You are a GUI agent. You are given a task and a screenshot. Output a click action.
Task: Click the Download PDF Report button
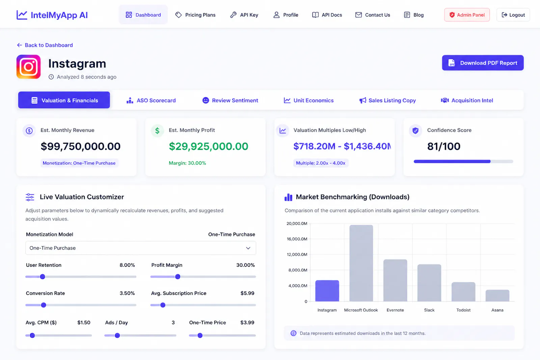[483, 63]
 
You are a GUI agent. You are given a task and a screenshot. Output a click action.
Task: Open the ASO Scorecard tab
[151, 100]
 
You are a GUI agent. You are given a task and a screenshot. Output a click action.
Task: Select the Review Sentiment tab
[230, 100]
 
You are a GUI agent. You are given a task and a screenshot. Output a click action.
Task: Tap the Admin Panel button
[467, 15]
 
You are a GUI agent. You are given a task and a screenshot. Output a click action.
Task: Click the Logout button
[513, 15]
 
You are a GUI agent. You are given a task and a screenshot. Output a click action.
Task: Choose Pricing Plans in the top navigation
[195, 15]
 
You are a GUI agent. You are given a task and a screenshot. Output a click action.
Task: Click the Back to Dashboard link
[45, 45]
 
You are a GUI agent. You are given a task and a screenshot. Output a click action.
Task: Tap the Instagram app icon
[28, 67]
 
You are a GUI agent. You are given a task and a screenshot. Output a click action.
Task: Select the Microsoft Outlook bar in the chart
[361, 263]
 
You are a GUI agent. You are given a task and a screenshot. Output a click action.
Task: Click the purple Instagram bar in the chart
[327, 291]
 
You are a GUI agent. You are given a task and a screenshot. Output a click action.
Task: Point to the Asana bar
[497, 296]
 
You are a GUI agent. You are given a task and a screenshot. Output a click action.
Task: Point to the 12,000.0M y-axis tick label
[297, 254]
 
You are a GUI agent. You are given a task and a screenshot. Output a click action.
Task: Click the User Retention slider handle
[43, 277]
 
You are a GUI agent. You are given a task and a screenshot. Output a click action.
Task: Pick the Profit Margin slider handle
[178, 277]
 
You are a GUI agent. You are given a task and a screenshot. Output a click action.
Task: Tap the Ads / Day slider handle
[117, 335]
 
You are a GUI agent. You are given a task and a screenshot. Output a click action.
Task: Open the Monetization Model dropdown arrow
[248, 248]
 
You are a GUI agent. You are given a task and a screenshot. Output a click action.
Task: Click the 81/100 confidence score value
[443, 146]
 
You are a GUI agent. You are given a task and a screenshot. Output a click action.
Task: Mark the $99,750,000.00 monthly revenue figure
[81, 146]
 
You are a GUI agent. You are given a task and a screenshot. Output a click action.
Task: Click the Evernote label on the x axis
[395, 310]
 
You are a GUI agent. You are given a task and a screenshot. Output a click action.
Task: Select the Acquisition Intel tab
[467, 100]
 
